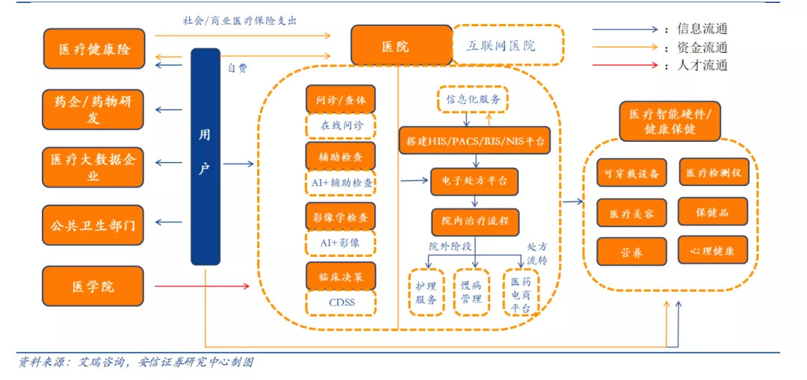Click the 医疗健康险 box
[x=94, y=49]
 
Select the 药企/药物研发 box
[x=94, y=109]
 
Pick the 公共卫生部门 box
[x=94, y=225]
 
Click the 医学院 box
[x=94, y=287]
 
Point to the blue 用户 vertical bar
[x=205, y=157]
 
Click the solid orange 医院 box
[x=401, y=46]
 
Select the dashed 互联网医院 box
[x=507, y=46]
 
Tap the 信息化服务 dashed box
[x=473, y=99]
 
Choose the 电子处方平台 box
[x=474, y=181]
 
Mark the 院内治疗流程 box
[x=474, y=221]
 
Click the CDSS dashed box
[x=341, y=303]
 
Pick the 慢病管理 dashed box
[x=471, y=292]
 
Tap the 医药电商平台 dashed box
[x=521, y=292]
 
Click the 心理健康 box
[x=712, y=251]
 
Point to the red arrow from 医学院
[x=202, y=285]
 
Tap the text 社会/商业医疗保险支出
[x=239, y=20]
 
